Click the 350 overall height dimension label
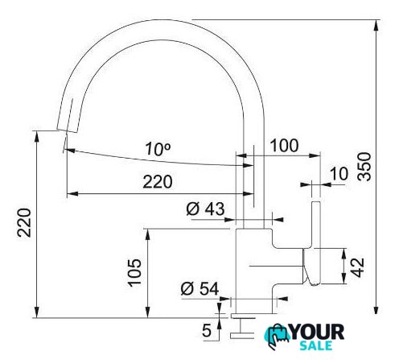(365, 167)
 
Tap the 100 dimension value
(284, 146)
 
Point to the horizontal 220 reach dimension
(158, 182)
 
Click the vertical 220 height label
(24, 222)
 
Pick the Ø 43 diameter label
(205, 209)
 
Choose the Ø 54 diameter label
(199, 288)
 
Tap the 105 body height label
(134, 272)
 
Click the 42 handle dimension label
(358, 267)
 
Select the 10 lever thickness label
(339, 174)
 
